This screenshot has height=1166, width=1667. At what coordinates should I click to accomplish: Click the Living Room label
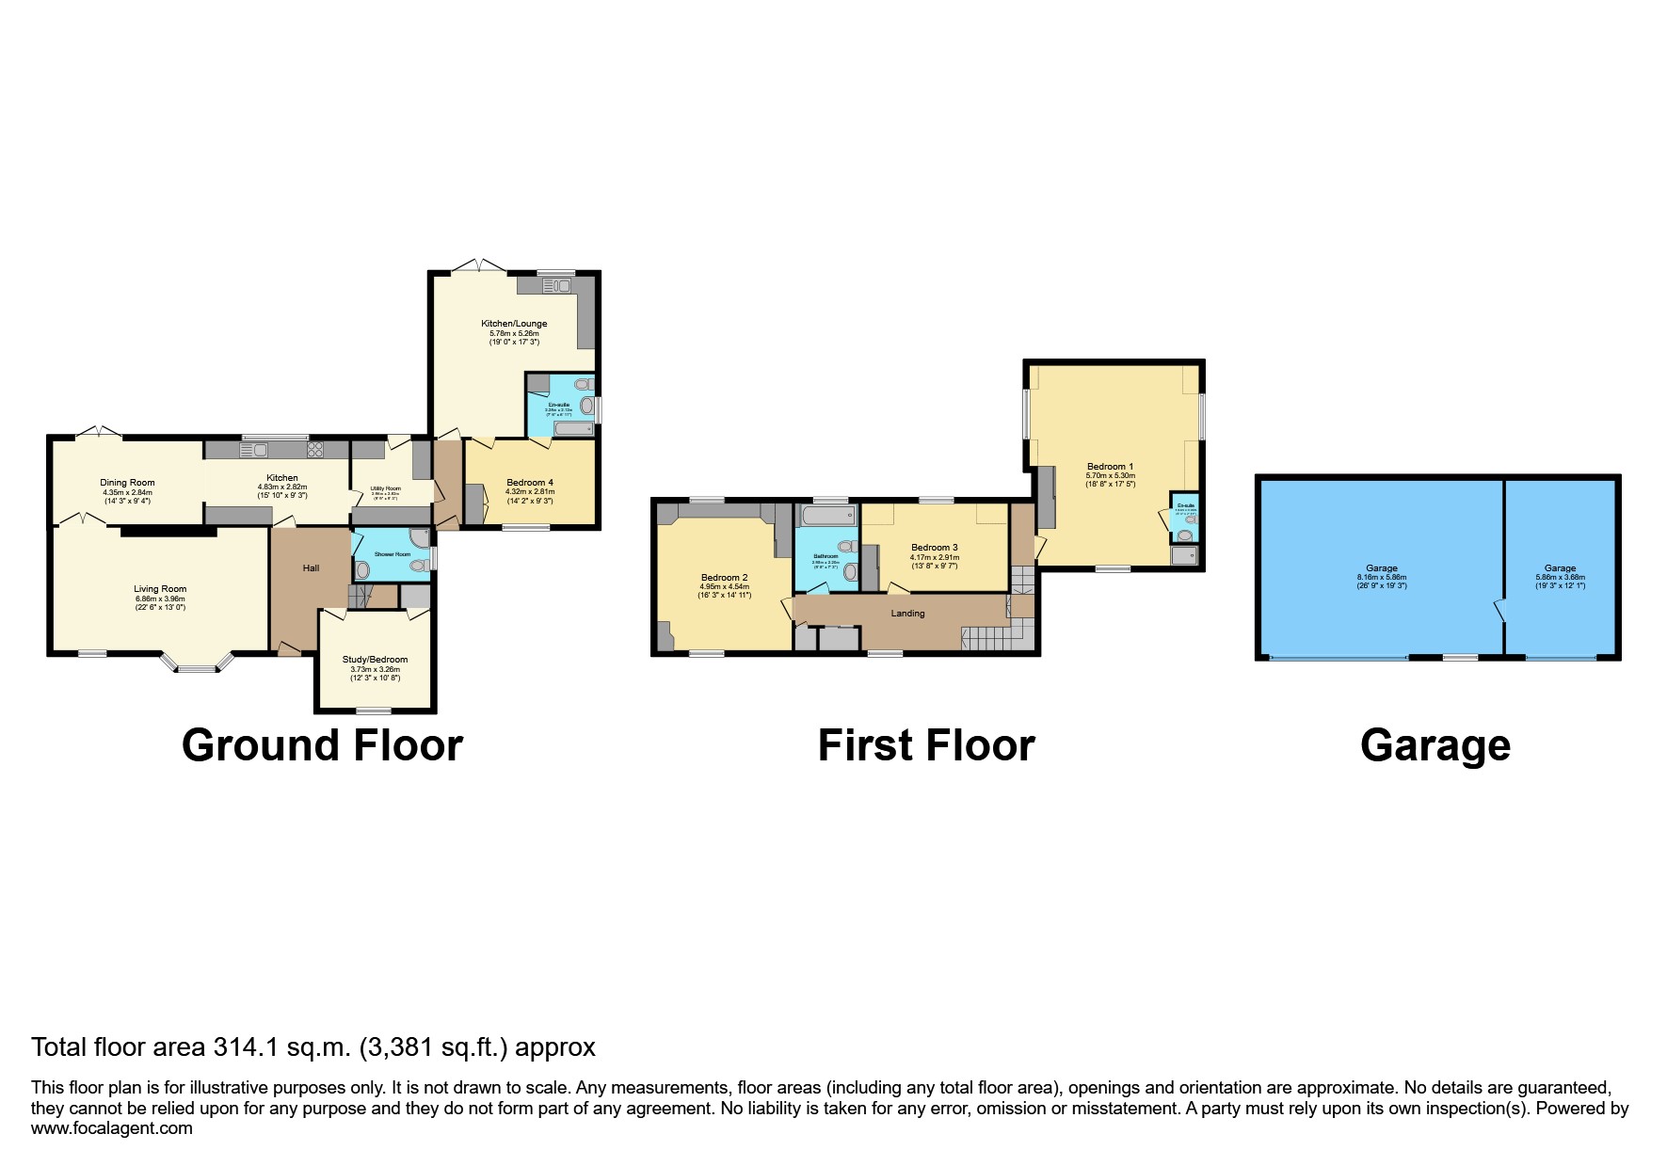click(x=160, y=589)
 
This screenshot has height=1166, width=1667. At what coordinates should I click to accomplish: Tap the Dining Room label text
click(x=127, y=483)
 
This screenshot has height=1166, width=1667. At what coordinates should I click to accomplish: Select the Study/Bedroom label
click(x=375, y=660)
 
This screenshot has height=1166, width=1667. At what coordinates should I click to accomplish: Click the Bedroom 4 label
click(x=530, y=483)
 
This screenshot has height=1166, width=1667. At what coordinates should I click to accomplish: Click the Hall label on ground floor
click(x=311, y=568)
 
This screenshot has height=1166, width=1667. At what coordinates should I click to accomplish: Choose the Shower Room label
click(x=392, y=554)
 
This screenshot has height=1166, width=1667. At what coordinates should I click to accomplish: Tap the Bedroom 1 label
click(x=1111, y=467)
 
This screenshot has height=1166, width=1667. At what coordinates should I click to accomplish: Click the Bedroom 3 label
click(x=934, y=548)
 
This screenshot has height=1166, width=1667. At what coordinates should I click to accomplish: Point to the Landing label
click(x=907, y=614)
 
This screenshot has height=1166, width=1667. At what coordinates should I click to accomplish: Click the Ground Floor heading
click(x=322, y=745)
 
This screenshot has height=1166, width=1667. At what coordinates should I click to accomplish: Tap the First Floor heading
click(x=926, y=745)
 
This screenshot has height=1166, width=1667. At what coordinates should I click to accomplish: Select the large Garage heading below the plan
click(x=1435, y=745)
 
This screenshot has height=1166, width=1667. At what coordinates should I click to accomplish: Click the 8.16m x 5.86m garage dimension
click(x=1382, y=577)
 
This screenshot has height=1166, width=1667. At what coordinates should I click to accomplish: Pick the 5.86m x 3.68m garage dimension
click(x=1560, y=577)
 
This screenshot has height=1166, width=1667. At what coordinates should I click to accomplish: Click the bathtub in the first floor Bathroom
click(x=825, y=516)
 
